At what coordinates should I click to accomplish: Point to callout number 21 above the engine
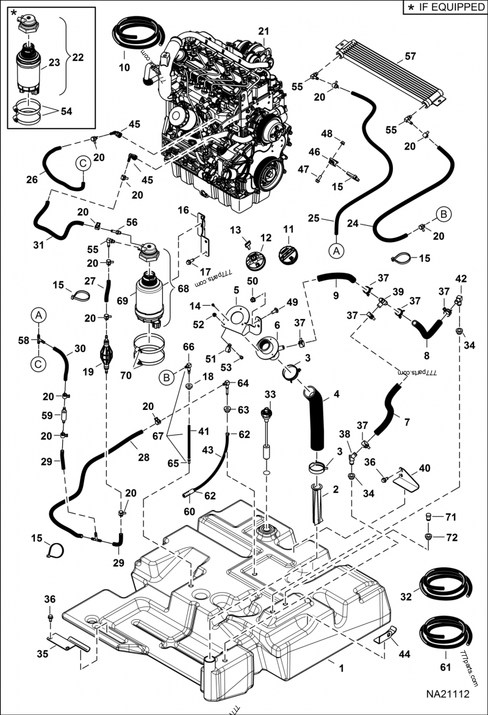click(263, 31)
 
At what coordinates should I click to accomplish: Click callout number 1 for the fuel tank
click(341, 669)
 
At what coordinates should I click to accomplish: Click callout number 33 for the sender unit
click(270, 395)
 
